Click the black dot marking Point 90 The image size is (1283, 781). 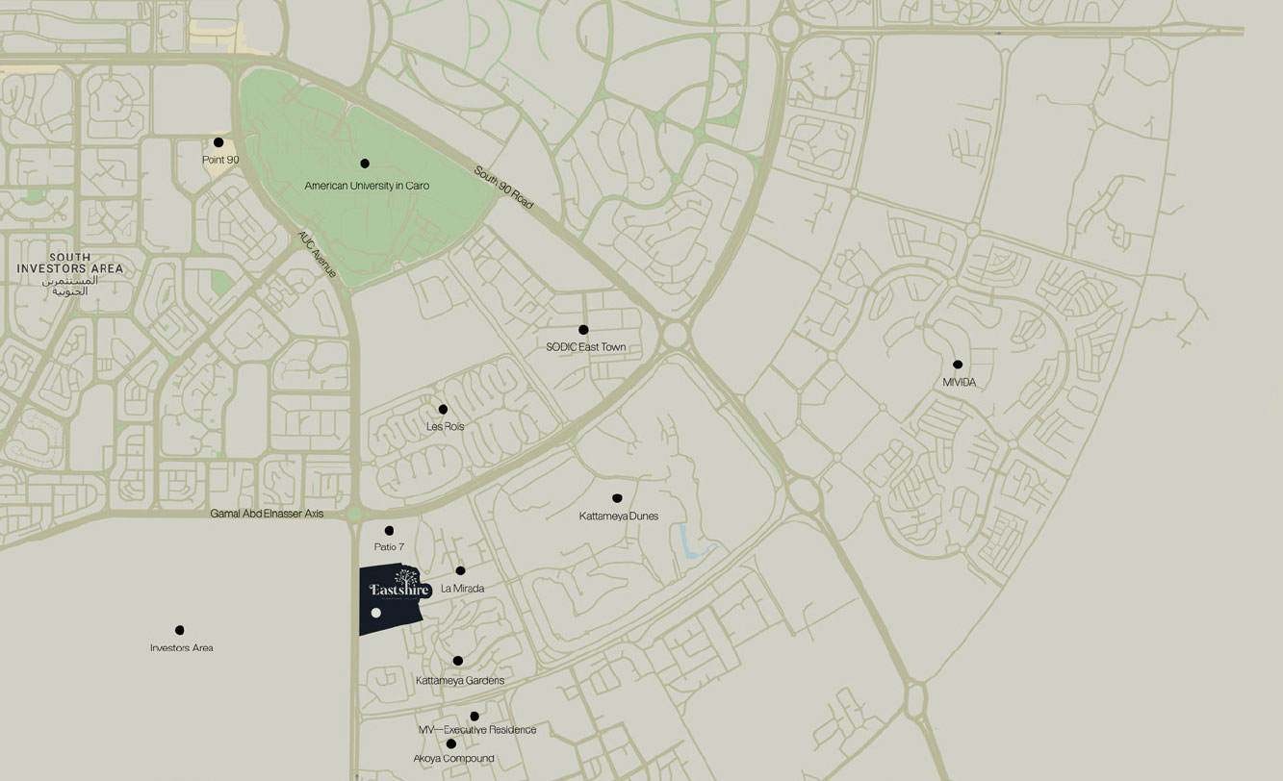[x=218, y=142]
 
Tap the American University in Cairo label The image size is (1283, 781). [x=367, y=186]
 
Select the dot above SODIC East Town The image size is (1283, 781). [x=583, y=330]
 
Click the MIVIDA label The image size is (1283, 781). [x=960, y=383]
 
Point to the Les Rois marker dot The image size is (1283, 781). [x=443, y=410]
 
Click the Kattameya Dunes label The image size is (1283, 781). [x=619, y=516]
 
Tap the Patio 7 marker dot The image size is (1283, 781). [x=390, y=531]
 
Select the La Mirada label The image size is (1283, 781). [x=462, y=589]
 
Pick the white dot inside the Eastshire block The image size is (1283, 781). [x=376, y=613]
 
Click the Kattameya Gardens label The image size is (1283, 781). [x=460, y=681]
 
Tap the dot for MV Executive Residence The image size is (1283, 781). [x=475, y=717]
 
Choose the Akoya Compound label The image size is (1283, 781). [x=453, y=759]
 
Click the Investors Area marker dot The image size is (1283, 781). [x=180, y=631]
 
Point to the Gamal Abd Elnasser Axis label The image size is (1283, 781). [x=268, y=515]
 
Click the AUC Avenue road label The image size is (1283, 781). [x=317, y=254]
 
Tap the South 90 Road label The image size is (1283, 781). [x=503, y=189]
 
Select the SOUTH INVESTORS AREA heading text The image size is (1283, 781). [x=70, y=264]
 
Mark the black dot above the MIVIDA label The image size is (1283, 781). [x=958, y=365]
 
